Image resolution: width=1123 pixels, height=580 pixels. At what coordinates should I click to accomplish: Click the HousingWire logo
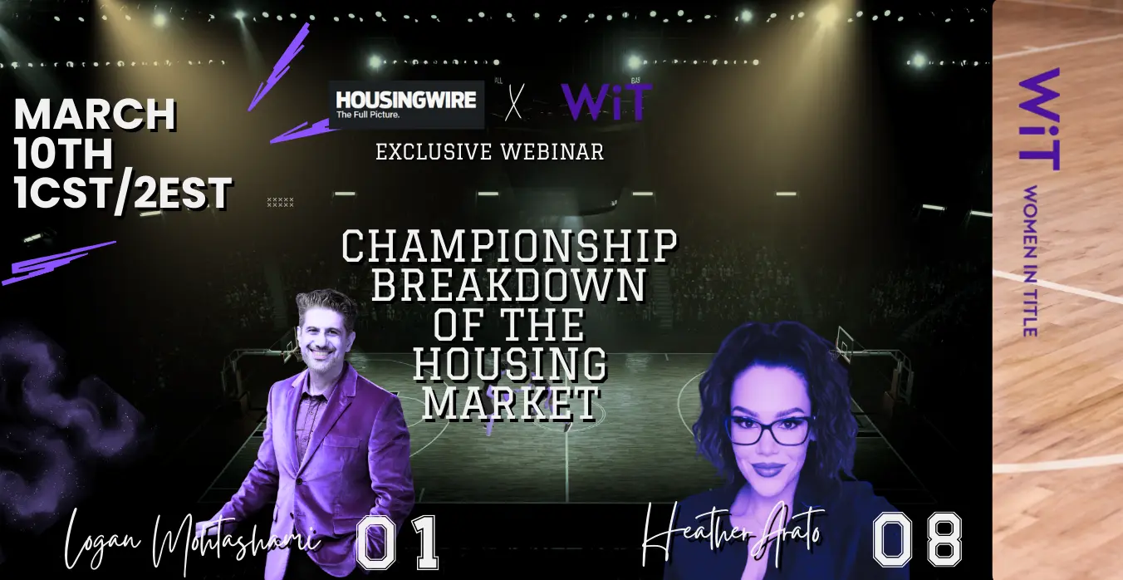tap(406, 105)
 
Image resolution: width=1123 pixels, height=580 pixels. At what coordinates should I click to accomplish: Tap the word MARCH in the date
tap(96, 115)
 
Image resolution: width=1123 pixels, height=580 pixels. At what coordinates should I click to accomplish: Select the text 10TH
tap(64, 153)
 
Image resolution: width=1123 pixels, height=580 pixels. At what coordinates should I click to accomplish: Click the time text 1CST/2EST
tap(123, 194)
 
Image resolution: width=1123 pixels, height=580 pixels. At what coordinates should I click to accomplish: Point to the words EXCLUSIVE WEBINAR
tap(490, 152)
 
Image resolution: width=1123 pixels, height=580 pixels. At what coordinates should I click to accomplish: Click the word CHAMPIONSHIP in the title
tap(509, 246)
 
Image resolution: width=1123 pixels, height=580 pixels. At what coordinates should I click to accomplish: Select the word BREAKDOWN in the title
tap(509, 285)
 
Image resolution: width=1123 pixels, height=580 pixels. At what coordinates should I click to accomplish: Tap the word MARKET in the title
tap(512, 402)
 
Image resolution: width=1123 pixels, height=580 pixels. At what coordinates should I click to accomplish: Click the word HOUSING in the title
tap(510, 363)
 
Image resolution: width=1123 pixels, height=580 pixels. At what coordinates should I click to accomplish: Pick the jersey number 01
tap(397, 543)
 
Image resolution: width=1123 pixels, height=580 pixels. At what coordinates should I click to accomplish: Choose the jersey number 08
tap(917, 539)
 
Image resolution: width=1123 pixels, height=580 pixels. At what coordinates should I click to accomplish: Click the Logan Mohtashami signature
tap(192, 542)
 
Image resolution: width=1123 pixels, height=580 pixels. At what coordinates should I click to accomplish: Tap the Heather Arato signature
tap(732, 533)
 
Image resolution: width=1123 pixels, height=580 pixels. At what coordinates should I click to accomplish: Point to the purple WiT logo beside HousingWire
tap(606, 102)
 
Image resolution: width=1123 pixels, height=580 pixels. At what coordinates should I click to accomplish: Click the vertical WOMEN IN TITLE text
tap(1030, 261)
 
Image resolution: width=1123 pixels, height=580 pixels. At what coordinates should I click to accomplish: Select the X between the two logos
tap(514, 102)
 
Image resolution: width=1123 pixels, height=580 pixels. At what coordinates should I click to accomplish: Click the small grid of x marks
tap(280, 202)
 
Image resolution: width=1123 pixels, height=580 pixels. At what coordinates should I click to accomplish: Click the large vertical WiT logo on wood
tap(1039, 120)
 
